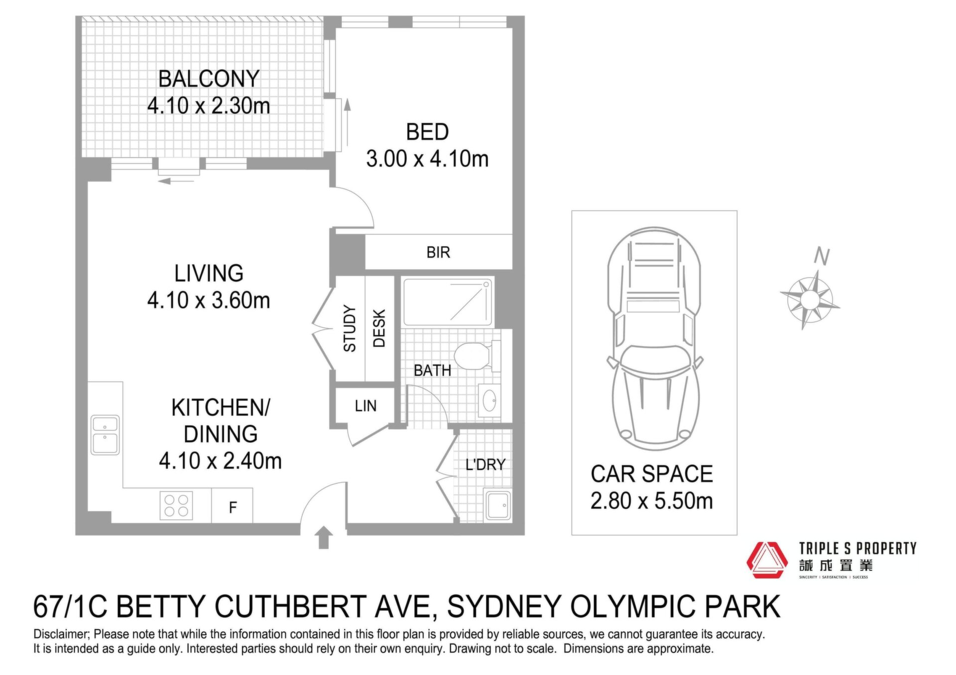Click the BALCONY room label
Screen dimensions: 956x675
[x=209, y=79]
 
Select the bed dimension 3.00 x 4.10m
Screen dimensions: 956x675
[x=427, y=159]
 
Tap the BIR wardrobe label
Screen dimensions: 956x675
[x=438, y=252]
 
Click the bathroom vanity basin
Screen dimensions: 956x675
[x=489, y=400]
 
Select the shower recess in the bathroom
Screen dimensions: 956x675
[x=448, y=302]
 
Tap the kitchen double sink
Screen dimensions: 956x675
[x=105, y=435]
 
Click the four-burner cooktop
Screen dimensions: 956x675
[x=176, y=505]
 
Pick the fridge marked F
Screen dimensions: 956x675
[x=233, y=506]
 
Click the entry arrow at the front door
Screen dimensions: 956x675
[x=324, y=537]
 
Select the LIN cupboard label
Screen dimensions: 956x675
[x=365, y=406]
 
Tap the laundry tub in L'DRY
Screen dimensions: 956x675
[x=498, y=505]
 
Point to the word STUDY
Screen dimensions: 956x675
[x=350, y=328]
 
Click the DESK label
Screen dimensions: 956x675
[x=379, y=328]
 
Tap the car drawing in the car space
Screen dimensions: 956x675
[x=654, y=339]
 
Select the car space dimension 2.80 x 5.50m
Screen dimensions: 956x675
[x=652, y=501]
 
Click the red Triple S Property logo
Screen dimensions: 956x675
[x=767, y=560]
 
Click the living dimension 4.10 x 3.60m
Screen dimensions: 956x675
[x=209, y=300]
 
